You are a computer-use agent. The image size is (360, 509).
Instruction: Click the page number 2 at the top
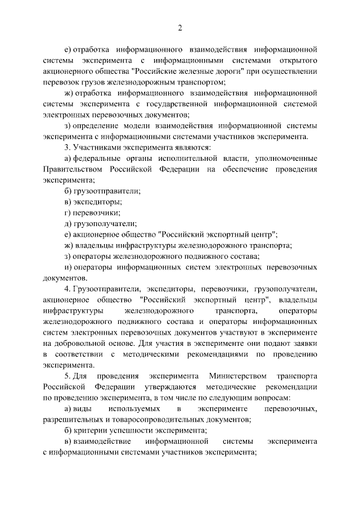(180, 28)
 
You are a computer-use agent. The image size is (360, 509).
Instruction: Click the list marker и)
(69, 267)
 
